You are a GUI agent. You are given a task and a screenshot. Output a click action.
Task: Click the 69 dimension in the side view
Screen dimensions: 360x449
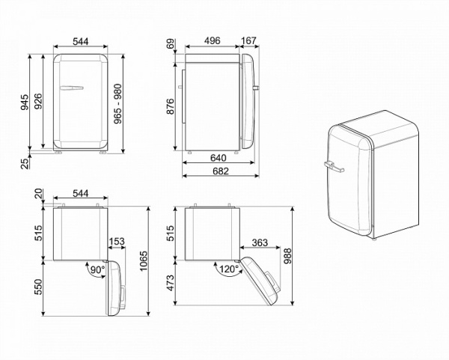pos(170,46)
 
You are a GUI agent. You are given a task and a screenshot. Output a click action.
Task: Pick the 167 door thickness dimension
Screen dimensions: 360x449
pos(249,42)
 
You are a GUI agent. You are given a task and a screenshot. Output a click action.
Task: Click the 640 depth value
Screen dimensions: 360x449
pos(219,158)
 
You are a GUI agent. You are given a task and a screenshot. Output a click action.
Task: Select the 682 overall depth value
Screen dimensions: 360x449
pos(219,172)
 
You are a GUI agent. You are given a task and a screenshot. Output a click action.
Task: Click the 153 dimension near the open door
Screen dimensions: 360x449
pos(117,242)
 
